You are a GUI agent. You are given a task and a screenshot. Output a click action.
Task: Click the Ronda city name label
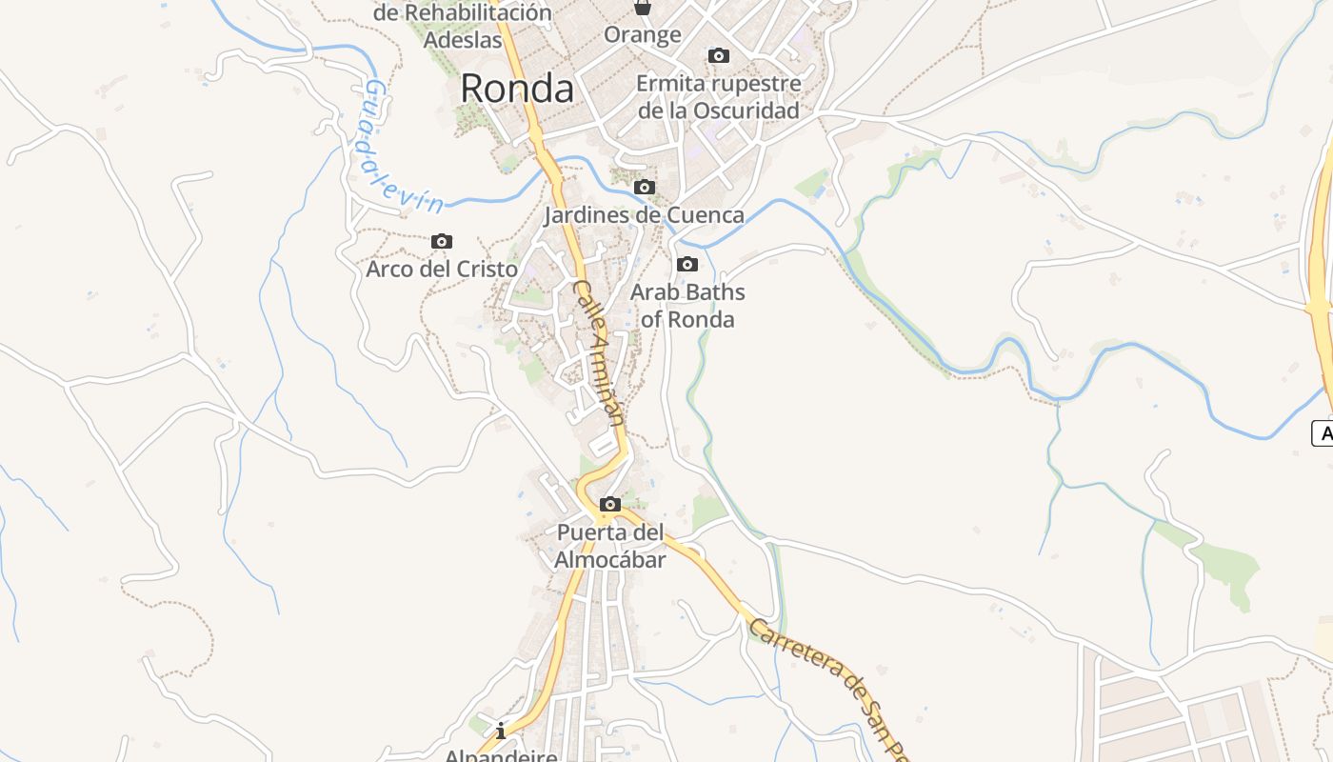pos(517,89)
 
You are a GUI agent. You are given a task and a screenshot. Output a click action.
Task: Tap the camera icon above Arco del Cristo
pos(442,242)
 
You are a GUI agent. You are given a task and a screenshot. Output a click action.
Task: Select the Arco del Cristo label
pos(442,269)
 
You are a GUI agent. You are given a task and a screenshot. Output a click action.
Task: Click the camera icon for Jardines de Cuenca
pos(645,188)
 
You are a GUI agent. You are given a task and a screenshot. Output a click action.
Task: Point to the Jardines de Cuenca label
pos(644,214)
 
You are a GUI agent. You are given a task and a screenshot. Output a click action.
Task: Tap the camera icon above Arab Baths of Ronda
pos(687,265)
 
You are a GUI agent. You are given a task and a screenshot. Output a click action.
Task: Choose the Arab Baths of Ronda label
pos(687,305)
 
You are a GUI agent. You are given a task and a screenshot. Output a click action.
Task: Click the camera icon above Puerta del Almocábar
pos(610,505)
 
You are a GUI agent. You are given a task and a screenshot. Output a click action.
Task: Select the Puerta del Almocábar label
pos(610,546)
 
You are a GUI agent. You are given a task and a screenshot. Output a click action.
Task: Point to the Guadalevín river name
pos(400,148)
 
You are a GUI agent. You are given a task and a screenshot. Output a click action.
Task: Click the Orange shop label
pos(643,35)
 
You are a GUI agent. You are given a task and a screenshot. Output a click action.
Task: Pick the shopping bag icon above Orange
pos(643,8)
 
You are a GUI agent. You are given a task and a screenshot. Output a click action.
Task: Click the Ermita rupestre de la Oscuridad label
pos(719,96)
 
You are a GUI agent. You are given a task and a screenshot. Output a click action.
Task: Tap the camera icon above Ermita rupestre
pos(719,56)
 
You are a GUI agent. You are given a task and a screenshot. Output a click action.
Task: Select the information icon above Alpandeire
pos(501,732)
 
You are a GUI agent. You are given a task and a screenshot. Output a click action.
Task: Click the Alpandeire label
pos(501,755)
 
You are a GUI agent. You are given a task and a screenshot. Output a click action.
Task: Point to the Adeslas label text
pos(463,40)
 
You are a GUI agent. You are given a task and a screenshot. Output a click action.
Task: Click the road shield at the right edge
pos(1323,433)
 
